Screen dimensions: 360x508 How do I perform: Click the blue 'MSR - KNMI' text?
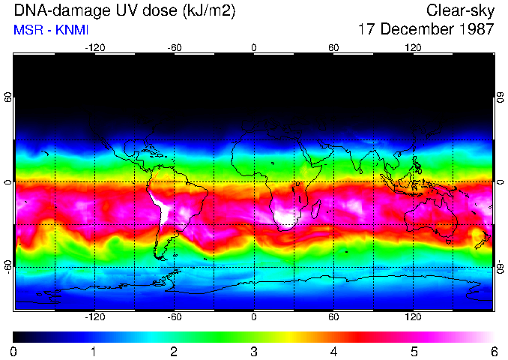52,30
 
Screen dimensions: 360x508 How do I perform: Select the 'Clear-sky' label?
460,11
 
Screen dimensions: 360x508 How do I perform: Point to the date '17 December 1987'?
426,30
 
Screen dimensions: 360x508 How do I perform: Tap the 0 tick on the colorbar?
14,350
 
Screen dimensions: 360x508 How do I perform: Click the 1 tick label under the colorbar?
94,350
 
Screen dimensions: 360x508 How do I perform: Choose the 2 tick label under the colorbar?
174,350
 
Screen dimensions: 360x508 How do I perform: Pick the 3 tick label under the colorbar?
253,350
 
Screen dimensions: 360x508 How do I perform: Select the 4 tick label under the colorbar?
333,350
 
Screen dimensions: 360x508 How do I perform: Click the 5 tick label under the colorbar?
413,350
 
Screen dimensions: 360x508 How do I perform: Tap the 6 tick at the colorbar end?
492,350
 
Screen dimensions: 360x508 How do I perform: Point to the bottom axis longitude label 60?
333,316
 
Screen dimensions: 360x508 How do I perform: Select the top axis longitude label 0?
253,48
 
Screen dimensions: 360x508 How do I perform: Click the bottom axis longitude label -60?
174,316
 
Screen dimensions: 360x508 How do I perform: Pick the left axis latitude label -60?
8,267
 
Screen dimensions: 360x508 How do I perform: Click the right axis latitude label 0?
499,182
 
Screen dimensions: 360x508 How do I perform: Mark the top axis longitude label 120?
413,48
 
